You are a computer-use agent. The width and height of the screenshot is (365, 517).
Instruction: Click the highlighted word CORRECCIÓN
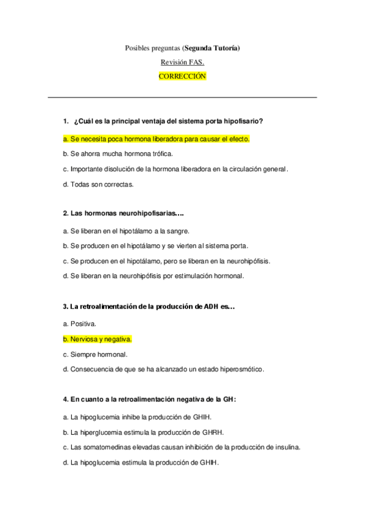click(x=182, y=76)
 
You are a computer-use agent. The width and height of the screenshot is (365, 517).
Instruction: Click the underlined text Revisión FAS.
click(x=182, y=62)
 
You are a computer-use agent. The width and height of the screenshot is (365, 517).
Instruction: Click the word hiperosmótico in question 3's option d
click(x=243, y=369)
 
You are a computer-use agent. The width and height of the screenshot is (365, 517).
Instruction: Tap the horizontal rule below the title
click(x=182, y=97)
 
